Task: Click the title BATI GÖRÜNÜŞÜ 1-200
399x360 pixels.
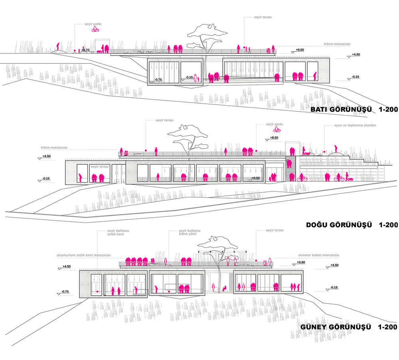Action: coord(354,110)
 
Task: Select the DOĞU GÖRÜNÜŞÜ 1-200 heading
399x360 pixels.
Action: coord(352,225)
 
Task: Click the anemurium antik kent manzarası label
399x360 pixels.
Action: coord(84,255)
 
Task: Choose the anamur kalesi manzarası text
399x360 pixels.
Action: coord(318,255)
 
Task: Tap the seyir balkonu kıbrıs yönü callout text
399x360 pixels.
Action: coord(190,232)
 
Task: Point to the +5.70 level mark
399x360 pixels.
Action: coord(85,50)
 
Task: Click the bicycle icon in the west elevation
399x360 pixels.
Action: coord(95,30)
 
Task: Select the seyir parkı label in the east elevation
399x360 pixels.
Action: coord(275,124)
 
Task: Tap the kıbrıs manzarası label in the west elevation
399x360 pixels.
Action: coord(337,44)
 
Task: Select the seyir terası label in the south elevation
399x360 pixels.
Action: coord(275,230)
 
